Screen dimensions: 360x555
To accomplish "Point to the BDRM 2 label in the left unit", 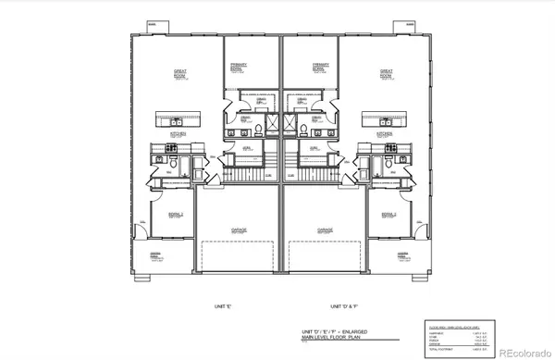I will pyautogui.click(x=175, y=216).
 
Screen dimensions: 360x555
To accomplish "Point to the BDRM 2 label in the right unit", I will pyautogui.click(x=388, y=216).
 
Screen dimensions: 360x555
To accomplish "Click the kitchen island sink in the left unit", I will pyautogui.click(x=176, y=117).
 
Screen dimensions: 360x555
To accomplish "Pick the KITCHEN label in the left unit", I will pyautogui.click(x=179, y=134).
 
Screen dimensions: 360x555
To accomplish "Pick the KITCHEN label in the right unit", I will pyautogui.click(x=385, y=134).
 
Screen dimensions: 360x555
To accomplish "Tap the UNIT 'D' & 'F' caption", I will pyautogui.click(x=344, y=305).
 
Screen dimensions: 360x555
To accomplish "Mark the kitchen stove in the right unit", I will pyautogui.click(x=391, y=148).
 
